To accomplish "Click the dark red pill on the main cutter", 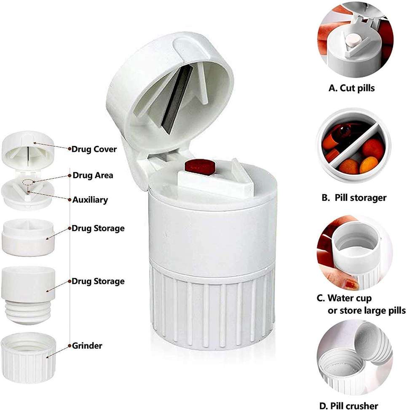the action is (x=200, y=167).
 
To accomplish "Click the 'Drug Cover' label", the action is (x=94, y=149).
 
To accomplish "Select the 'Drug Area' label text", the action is (x=93, y=175).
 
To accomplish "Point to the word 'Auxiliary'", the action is (x=90, y=200).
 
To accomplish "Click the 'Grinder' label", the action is (x=87, y=346).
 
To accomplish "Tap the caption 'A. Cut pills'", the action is (x=351, y=88).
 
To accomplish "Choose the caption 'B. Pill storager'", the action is (x=354, y=198).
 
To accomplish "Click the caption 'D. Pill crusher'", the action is (x=349, y=405).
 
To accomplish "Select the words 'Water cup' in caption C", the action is (x=350, y=298).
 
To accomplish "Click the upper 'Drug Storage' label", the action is (x=98, y=228).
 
